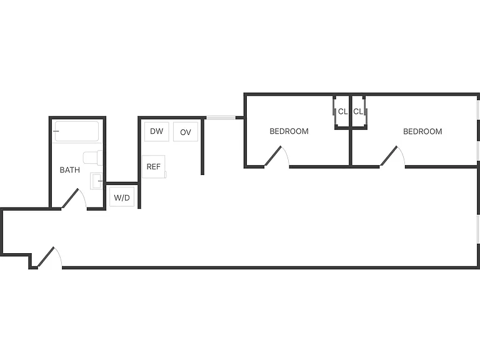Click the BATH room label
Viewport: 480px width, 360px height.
pyautogui.click(x=70, y=170)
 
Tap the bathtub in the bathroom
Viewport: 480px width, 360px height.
pyautogui.click(x=77, y=131)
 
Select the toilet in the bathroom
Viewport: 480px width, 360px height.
pyautogui.click(x=92, y=157)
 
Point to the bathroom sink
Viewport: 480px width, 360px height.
pyautogui.click(x=96, y=181)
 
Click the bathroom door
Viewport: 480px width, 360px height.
pyautogui.click(x=71, y=198)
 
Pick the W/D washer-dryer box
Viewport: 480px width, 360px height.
pyautogui.click(x=122, y=197)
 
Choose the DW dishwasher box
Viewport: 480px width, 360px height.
pyautogui.click(x=157, y=131)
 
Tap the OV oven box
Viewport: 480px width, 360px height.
pyautogui.click(x=186, y=132)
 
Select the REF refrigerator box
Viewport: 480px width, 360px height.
pyautogui.click(x=154, y=166)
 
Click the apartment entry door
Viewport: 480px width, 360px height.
pyautogui.click(x=46, y=257)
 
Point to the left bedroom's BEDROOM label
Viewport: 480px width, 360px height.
pyautogui.click(x=289, y=131)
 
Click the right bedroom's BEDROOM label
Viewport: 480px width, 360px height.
pyautogui.click(x=422, y=132)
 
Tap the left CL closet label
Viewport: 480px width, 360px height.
pyautogui.click(x=342, y=112)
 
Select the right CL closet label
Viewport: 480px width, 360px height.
pyautogui.click(x=358, y=112)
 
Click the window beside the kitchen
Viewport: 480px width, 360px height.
pyautogui.click(x=221, y=117)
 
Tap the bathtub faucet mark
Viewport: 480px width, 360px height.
pyautogui.click(x=56, y=131)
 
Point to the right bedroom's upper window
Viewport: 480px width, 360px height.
pyautogui.click(x=479, y=109)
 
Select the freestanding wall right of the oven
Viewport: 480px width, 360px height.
pyautogui.click(x=202, y=147)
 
